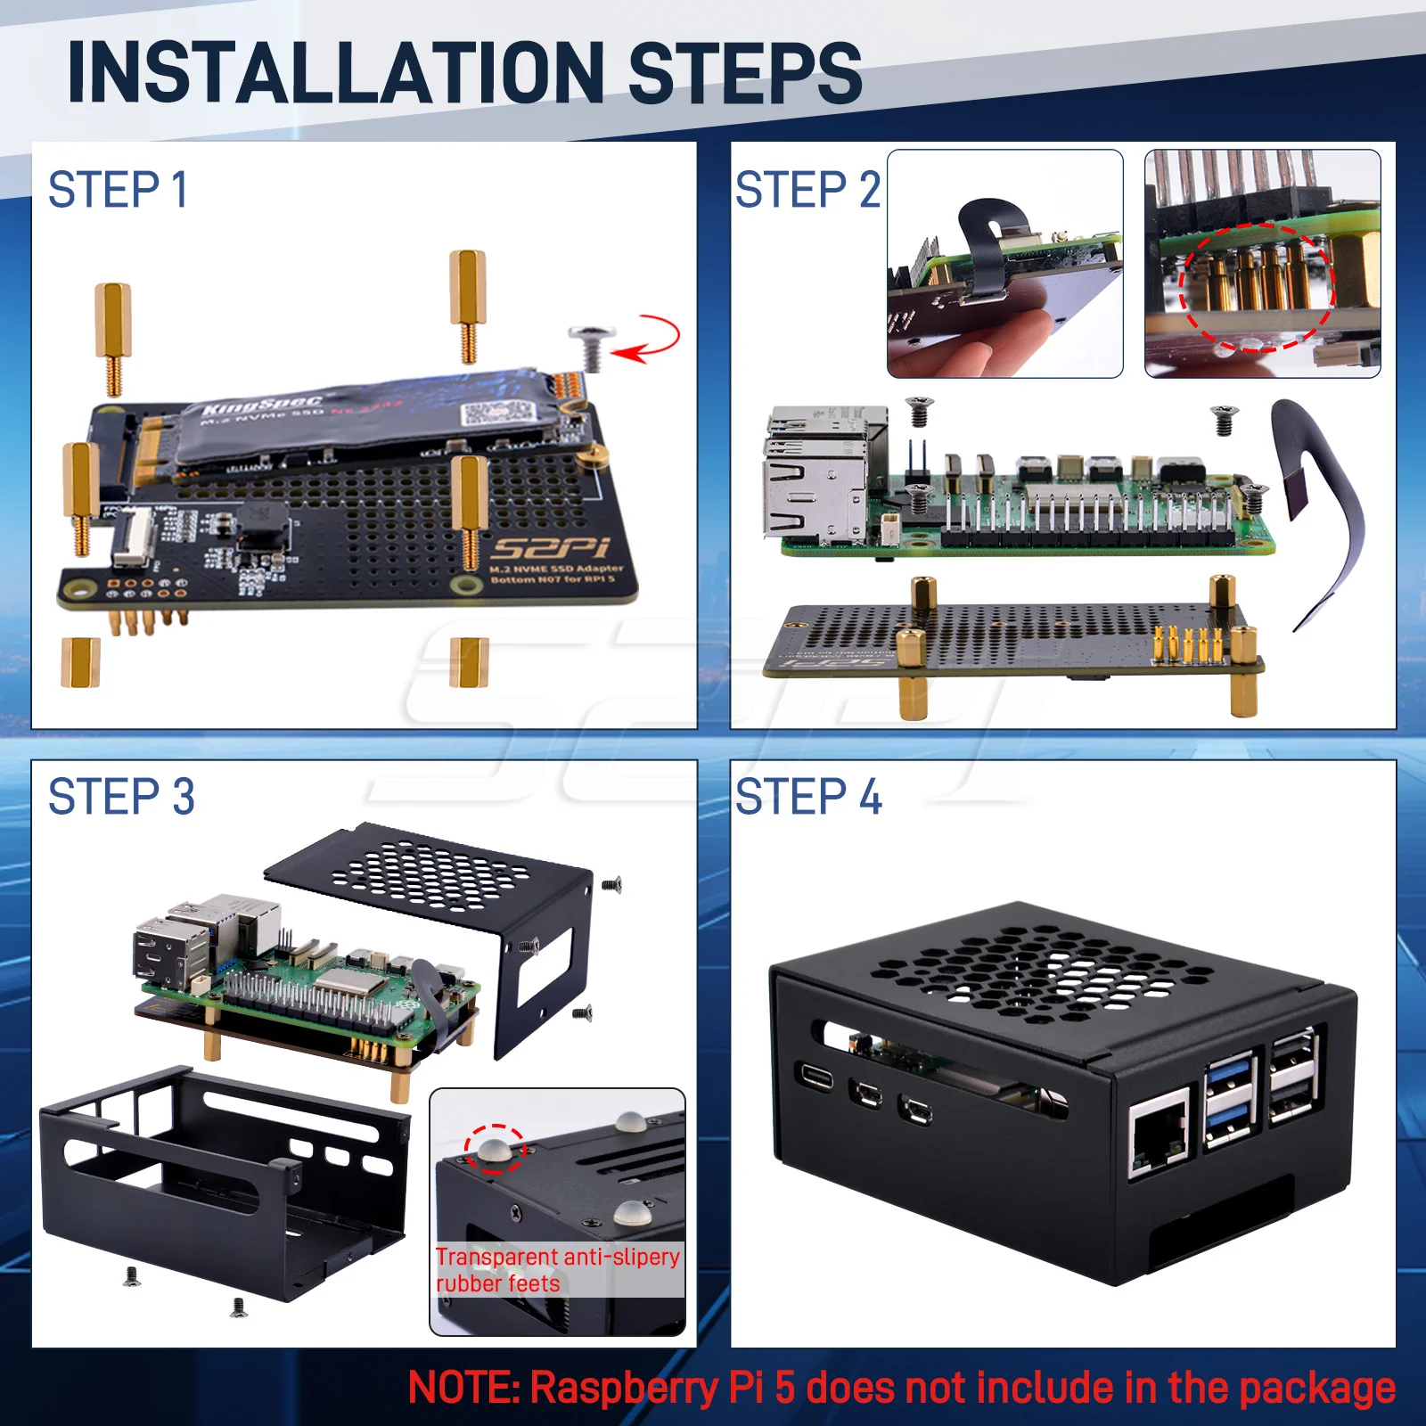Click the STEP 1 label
coord(118,190)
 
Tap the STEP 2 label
coord(807,190)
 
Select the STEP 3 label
coord(121,797)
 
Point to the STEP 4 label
coord(808,797)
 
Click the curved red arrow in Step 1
coord(651,339)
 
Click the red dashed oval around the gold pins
coord(1257,287)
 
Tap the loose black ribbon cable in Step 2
coord(1319,508)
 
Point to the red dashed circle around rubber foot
coord(496,1149)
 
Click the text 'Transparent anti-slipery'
coord(558,1257)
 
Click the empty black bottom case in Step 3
coord(223,1176)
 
